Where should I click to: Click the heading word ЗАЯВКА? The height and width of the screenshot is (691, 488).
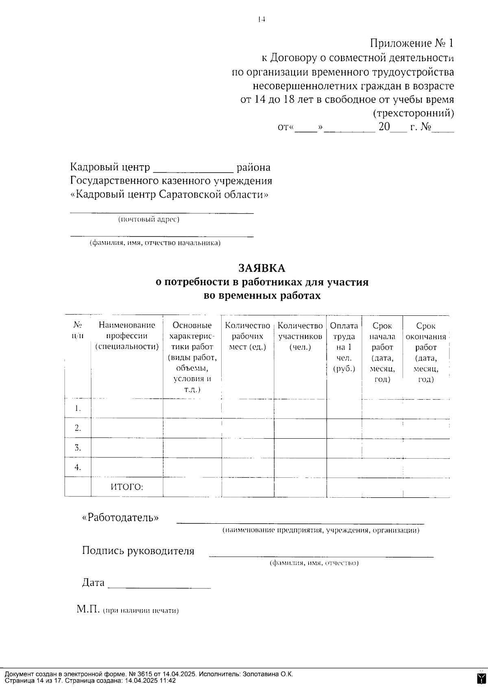[262, 268]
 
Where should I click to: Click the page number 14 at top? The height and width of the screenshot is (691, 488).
[261, 19]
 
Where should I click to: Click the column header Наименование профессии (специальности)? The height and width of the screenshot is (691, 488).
[126, 336]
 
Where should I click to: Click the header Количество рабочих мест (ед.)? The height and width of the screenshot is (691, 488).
[248, 336]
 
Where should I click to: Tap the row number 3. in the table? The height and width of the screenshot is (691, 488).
[78, 448]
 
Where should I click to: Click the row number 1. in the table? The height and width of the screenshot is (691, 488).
[78, 408]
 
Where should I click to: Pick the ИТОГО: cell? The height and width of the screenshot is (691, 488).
[127, 487]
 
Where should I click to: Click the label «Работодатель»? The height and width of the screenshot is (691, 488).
[120, 518]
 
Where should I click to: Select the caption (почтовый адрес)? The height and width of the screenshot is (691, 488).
[149, 220]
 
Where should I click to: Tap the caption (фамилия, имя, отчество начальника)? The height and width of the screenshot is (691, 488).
[155, 243]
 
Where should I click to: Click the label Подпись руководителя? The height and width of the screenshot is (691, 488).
[138, 551]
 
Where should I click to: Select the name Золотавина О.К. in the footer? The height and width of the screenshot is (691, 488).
[268, 674]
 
